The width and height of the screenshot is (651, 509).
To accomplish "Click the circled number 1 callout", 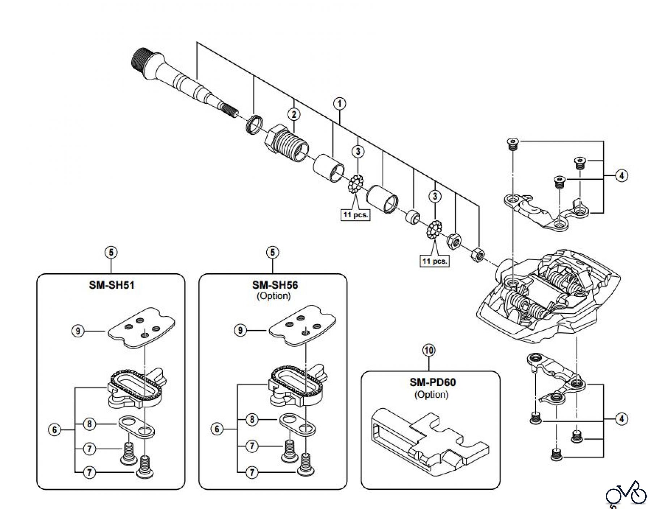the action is pyautogui.click(x=339, y=104).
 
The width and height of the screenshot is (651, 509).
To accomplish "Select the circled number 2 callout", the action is pyautogui.click(x=294, y=115).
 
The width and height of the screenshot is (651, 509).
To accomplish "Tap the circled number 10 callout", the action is pyautogui.click(x=429, y=350).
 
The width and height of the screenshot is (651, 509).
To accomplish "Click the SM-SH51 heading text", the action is pyautogui.click(x=112, y=285).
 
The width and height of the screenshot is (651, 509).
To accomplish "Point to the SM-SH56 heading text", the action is pyautogui.click(x=275, y=285).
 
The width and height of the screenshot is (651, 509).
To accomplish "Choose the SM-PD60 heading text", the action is pyautogui.click(x=433, y=382).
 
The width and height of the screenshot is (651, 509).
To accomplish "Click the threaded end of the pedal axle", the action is pyautogui.click(x=142, y=62).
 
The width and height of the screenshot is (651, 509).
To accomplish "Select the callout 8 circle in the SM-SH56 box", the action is pyautogui.click(x=252, y=420).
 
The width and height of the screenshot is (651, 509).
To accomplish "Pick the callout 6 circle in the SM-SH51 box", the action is pyautogui.click(x=55, y=430).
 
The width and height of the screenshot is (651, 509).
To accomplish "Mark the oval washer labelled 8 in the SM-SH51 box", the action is pyautogui.click(x=137, y=426).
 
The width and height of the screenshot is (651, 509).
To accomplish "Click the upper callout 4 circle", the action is pyautogui.click(x=621, y=176).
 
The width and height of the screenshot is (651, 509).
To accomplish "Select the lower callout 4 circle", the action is pyautogui.click(x=621, y=419).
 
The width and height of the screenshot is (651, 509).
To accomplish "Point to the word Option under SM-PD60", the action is pyautogui.click(x=431, y=394).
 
